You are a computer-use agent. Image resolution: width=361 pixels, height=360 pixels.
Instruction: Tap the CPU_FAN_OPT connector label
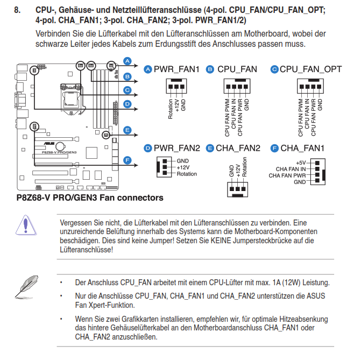(310, 69)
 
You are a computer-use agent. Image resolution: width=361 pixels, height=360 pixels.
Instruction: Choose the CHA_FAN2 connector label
(238, 148)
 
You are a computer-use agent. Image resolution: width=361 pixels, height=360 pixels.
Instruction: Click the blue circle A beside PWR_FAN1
(147, 69)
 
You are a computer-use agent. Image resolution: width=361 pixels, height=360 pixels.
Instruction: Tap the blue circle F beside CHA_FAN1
(274, 148)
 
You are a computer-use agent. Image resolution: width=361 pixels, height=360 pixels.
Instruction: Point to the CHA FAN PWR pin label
(287, 175)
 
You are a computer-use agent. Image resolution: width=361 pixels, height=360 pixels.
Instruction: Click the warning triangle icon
(25, 224)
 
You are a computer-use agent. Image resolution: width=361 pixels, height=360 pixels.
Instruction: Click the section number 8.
(18, 11)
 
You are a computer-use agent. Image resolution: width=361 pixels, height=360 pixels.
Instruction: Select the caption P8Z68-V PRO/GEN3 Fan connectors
(90, 198)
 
